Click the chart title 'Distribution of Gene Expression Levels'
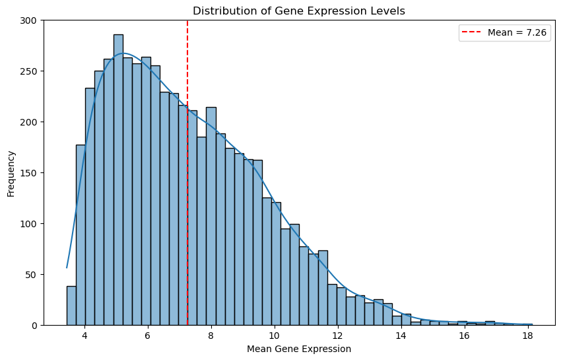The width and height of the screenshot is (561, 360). pos(299,11)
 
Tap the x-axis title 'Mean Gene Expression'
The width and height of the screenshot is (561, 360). pos(299,349)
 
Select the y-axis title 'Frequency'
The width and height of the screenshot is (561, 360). pos(11,173)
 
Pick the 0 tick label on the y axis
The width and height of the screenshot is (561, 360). pos(36,326)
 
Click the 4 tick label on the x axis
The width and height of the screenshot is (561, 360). pos(84,336)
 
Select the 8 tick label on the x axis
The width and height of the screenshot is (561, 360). pos(211,336)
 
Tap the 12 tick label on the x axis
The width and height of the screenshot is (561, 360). pos(338,336)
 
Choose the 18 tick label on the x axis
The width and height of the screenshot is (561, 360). pos(527,336)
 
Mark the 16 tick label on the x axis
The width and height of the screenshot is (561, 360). pos(464,336)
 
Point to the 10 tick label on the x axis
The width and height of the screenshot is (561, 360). pos(275,336)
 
